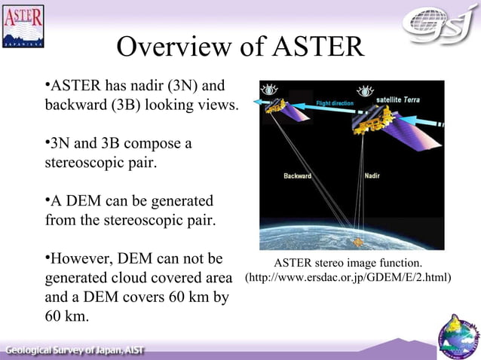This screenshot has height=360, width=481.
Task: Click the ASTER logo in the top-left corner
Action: (x=23, y=27)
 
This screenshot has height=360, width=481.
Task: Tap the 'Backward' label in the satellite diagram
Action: (x=297, y=176)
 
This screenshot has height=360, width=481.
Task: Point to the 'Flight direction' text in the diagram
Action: (x=335, y=102)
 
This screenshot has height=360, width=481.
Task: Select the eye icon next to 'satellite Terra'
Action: (x=366, y=91)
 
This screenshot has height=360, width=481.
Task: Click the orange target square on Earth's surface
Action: (x=358, y=242)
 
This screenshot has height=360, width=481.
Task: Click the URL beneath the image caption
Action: (x=348, y=278)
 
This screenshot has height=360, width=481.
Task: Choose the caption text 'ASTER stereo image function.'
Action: (x=348, y=262)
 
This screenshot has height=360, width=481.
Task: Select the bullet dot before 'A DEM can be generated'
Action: (x=47, y=200)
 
